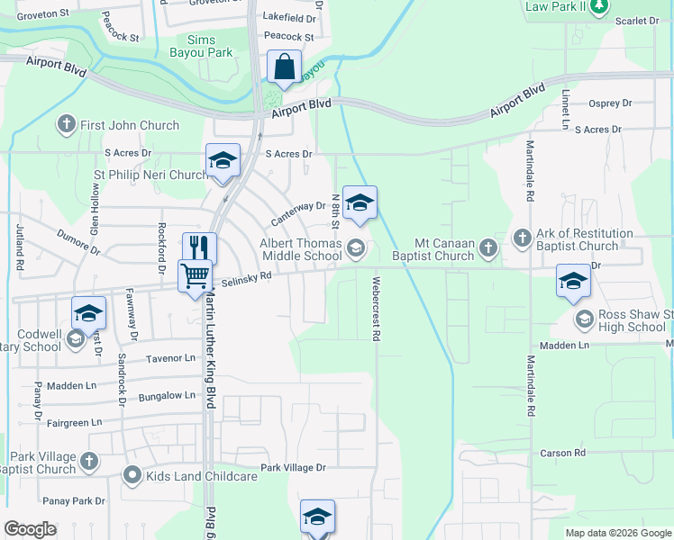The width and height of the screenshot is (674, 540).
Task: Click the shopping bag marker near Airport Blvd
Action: [284, 67]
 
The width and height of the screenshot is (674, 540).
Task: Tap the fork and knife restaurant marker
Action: [200, 247]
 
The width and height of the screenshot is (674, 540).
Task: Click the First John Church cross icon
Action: [66, 124]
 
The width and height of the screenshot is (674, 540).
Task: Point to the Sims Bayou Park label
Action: [209, 47]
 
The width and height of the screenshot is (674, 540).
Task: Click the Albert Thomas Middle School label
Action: [301, 249]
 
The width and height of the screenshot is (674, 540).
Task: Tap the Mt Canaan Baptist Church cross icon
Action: [487, 247]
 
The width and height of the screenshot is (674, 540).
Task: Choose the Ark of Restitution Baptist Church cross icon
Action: [522, 238]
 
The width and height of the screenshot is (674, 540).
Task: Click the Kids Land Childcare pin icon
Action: [132, 473]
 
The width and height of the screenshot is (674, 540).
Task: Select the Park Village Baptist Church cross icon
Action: [88, 462]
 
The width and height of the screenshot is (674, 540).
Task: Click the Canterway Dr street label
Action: [298, 212]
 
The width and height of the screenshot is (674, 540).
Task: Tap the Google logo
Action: [31, 528]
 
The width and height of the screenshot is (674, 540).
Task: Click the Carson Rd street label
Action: [563, 453]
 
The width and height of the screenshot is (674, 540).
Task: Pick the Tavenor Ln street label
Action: [170, 358]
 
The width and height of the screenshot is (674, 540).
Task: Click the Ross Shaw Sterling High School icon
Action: [584, 319]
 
